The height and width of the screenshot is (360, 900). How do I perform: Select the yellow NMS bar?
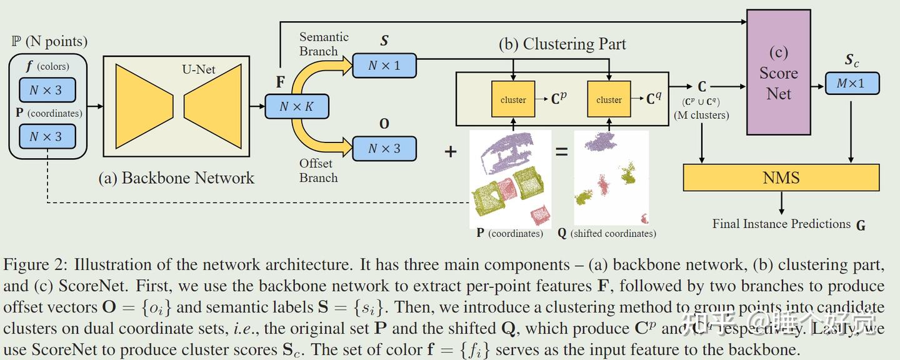pos(781,177)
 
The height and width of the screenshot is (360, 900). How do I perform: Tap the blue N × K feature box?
pos(296,106)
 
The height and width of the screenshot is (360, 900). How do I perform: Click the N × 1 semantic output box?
pos(384,65)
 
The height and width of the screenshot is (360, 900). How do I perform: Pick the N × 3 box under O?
pos(384,149)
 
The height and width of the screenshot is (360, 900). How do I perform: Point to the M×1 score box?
pos(852,83)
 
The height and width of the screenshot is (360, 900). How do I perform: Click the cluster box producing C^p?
pos(513,99)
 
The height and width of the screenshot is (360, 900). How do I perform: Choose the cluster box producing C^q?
pos(609,99)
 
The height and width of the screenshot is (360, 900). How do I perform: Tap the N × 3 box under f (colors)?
pos(47,90)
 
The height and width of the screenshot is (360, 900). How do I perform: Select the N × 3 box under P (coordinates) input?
pos(47,136)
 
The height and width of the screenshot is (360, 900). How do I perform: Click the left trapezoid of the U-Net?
pos(144,106)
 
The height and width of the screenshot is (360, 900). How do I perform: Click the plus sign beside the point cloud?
pos(450,151)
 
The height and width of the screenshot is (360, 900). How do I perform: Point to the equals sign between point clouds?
pos(562,151)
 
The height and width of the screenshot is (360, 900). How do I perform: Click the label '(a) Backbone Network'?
pos(176,178)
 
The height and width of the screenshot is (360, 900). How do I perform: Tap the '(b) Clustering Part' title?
pos(562,44)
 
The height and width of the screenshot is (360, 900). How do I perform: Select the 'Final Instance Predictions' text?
pos(781,224)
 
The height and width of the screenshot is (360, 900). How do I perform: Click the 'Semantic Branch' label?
pos(323,44)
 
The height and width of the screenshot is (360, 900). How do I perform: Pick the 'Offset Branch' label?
pos(318,171)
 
